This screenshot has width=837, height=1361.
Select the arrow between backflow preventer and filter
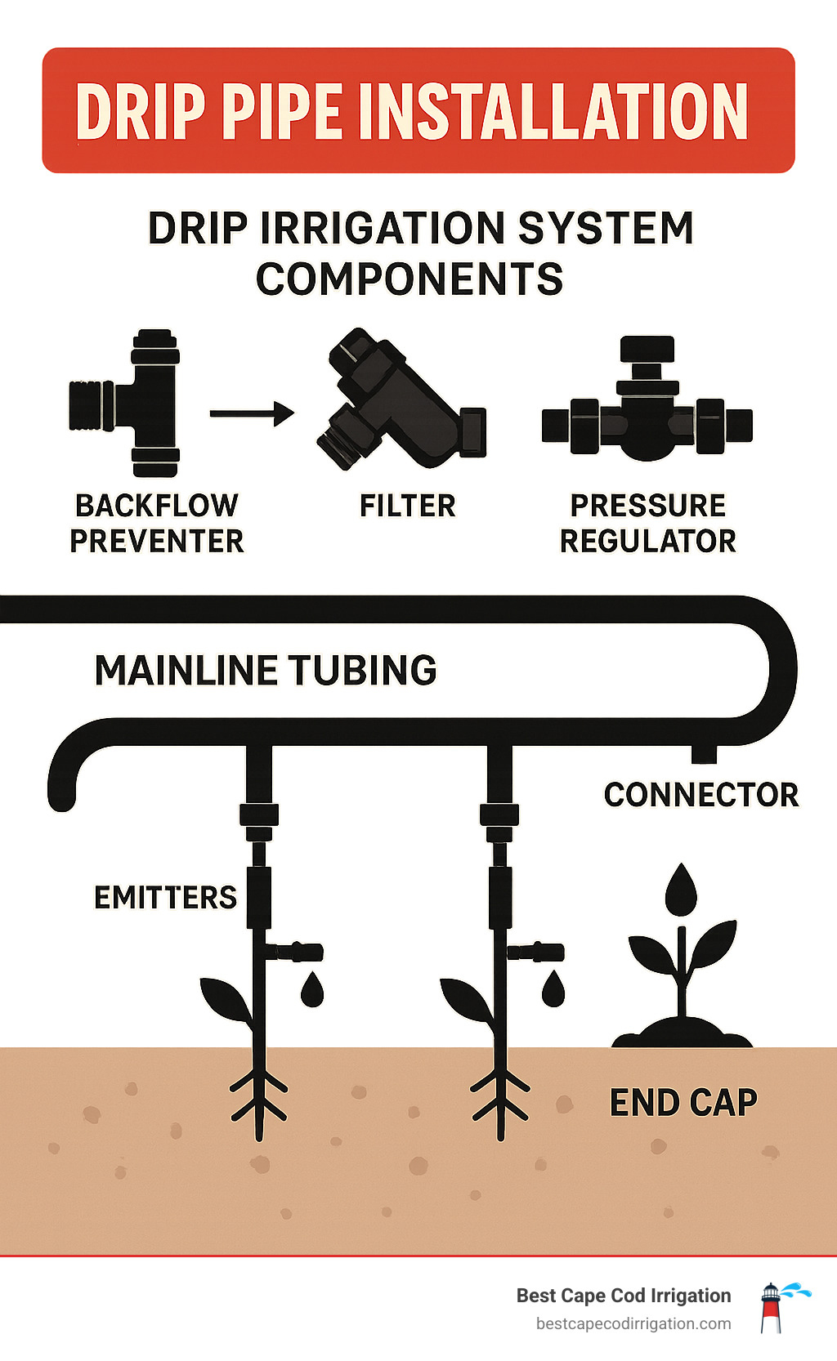[251, 413]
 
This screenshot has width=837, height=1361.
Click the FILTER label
[407, 506]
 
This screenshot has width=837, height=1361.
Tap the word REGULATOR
[647, 541]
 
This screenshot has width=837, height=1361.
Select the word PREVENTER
[157, 541]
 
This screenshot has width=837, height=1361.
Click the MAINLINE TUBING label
[266, 670]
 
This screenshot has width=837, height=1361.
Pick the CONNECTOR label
[700, 794]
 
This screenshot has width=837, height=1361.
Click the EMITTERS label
[165, 897]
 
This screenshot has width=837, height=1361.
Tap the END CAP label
[683, 1103]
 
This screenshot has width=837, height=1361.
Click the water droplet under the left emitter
[312, 989]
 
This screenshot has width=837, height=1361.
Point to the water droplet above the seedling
[681, 890]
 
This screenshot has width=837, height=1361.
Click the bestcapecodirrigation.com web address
[633, 1324]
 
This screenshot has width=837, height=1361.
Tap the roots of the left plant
[259, 1099]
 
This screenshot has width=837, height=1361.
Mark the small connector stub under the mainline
[704, 753]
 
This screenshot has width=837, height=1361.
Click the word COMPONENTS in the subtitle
[410, 279]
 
